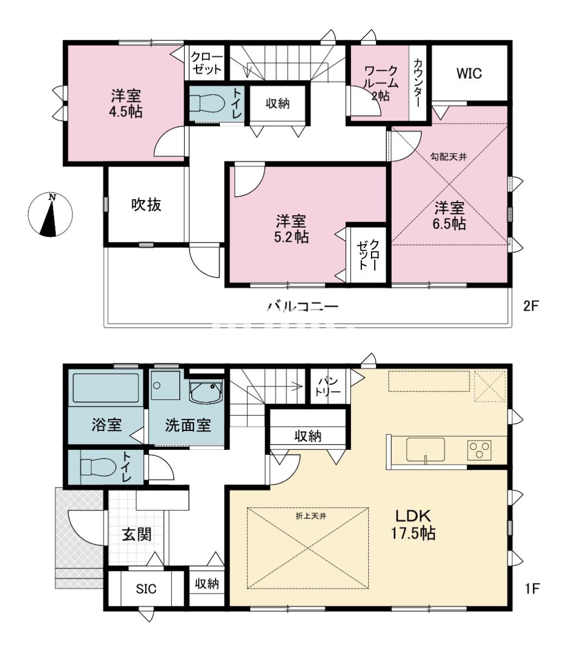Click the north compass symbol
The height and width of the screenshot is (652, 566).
[x=50, y=215]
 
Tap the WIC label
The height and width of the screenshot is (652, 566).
[x=469, y=73]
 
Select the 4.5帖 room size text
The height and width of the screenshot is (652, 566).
[x=126, y=111]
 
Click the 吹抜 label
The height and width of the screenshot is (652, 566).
[x=146, y=205]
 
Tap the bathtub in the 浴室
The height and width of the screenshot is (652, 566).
[x=105, y=388]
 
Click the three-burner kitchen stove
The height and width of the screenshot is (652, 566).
[x=479, y=450]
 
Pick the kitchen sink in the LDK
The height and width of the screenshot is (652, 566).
[x=425, y=450]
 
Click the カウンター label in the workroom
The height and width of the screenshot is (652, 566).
[x=417, y=83]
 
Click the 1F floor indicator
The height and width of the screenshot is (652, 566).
[x=531, y=588]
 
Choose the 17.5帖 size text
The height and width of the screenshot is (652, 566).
[x=413, y=533]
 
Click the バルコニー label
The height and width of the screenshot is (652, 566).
[x=303, y=306]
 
